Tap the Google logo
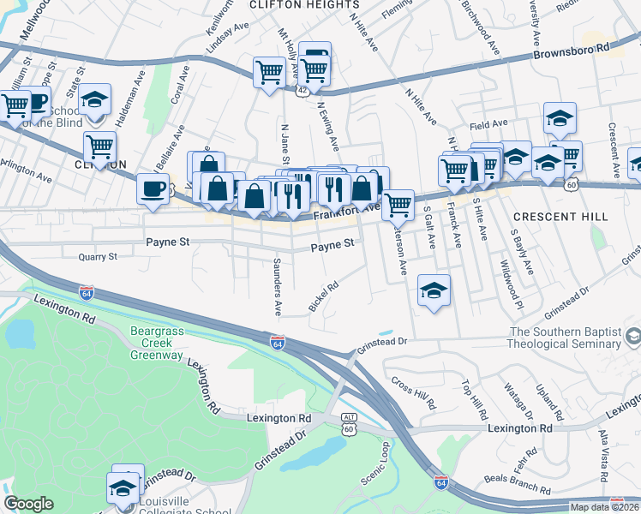[x=28, y=505]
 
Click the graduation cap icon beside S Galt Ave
[x=434, y=290]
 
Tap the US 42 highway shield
[x=304, y=88]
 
